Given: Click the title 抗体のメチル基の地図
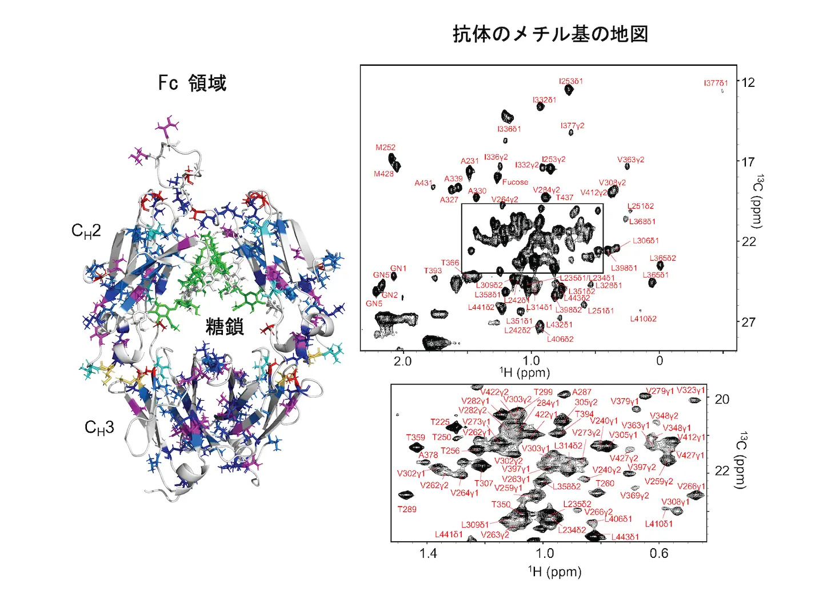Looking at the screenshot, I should point(550,34).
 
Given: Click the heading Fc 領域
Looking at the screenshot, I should point(192,83).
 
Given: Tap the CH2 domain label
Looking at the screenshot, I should point(86,231).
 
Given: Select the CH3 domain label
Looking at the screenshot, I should point(99,428).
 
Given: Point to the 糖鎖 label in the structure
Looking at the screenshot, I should point(225,327).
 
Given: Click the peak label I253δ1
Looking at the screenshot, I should point(571,81).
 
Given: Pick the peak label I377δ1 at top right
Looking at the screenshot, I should point(716,83).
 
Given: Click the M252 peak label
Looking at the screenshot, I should point(385,147).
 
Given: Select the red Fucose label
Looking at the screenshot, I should point(515,182).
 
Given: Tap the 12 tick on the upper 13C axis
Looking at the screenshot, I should point(748,82).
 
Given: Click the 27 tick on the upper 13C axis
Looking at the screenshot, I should point(748,322).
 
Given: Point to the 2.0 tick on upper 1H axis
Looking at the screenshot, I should point(402,361).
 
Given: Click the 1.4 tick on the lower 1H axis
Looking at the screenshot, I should point(428,553).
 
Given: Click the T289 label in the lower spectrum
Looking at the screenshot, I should point(407,509).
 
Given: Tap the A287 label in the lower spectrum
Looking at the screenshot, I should point(581,392).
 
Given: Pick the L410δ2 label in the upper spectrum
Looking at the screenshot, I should point(643,319).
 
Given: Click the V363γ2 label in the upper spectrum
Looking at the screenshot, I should point(630,160).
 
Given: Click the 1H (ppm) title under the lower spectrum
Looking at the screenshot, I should point(554,572).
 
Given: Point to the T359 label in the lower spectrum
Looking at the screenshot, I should point(416,437).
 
